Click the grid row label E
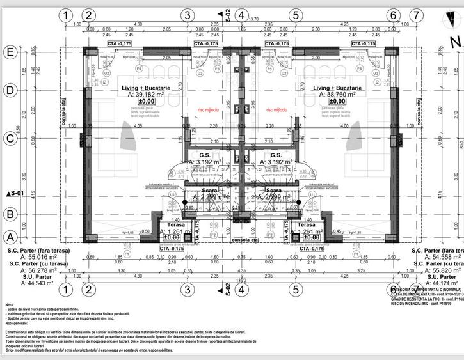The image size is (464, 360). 10,52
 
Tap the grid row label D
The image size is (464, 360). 10,90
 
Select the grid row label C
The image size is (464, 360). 10,137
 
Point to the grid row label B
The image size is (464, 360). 10,214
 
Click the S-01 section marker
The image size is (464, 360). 13,192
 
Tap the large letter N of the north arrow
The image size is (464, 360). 455,43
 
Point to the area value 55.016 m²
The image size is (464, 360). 33,256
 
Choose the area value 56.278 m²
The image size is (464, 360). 33,270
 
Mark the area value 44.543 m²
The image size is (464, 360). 33,283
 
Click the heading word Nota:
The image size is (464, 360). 10,305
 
